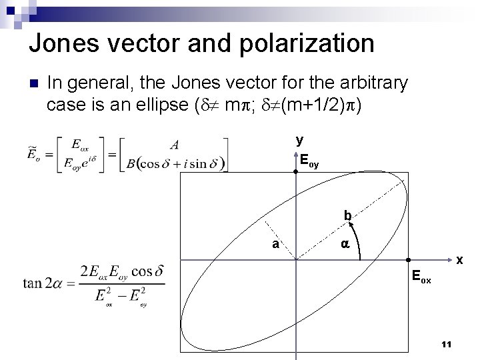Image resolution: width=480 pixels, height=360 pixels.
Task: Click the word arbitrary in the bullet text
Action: pyautogui.click(x=373, y=83)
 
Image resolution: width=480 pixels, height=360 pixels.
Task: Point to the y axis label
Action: pyautogui.click(x=300, y=140)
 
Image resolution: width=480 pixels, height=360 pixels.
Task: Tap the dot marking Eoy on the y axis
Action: pyautogui.click(x=295, y=172)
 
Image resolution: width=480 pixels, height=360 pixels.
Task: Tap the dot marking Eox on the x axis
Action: pyautogui.click(x=409, y=259)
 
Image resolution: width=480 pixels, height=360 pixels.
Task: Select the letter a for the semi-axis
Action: pyautogui.click(x=275, y=244)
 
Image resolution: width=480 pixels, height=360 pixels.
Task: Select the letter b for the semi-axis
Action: pyautogui.click(x=347, y=216)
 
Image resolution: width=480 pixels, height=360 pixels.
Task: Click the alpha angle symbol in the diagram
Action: pyautogui.click(x=345, y=245)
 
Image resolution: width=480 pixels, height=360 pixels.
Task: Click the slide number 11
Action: pyautogui.click(x=447, y=344)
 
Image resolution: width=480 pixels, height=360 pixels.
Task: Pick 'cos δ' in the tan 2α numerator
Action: pyautogui.click(x=147, y=272)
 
